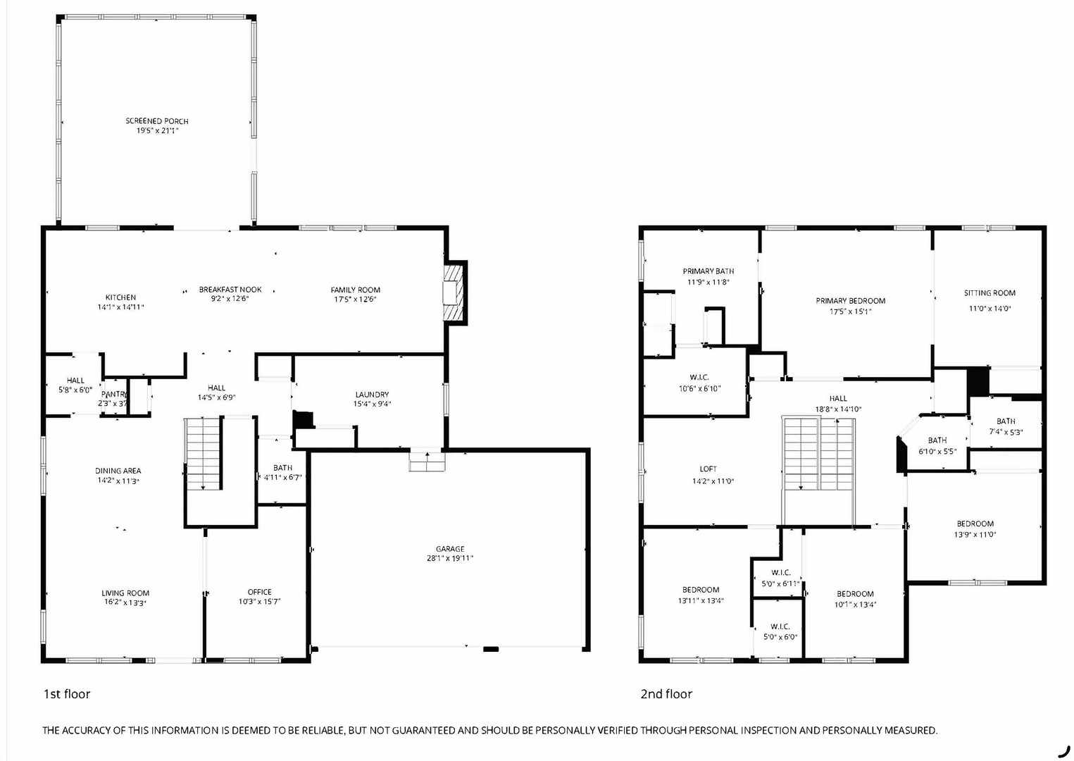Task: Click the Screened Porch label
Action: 157,121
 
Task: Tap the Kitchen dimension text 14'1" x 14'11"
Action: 120,307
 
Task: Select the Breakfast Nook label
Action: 230,290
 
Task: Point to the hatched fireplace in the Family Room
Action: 454,292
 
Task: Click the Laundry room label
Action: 372,395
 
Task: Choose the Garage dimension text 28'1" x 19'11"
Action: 450,558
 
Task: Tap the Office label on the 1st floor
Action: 260,592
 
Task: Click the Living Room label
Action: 125,593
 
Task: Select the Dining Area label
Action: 118,471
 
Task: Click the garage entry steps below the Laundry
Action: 427,462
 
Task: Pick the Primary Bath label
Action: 708,271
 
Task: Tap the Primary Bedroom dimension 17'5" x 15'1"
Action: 851,311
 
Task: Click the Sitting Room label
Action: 989,293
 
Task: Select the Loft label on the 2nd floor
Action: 708,469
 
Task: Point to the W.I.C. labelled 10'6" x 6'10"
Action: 699,383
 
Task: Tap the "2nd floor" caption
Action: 666,694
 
